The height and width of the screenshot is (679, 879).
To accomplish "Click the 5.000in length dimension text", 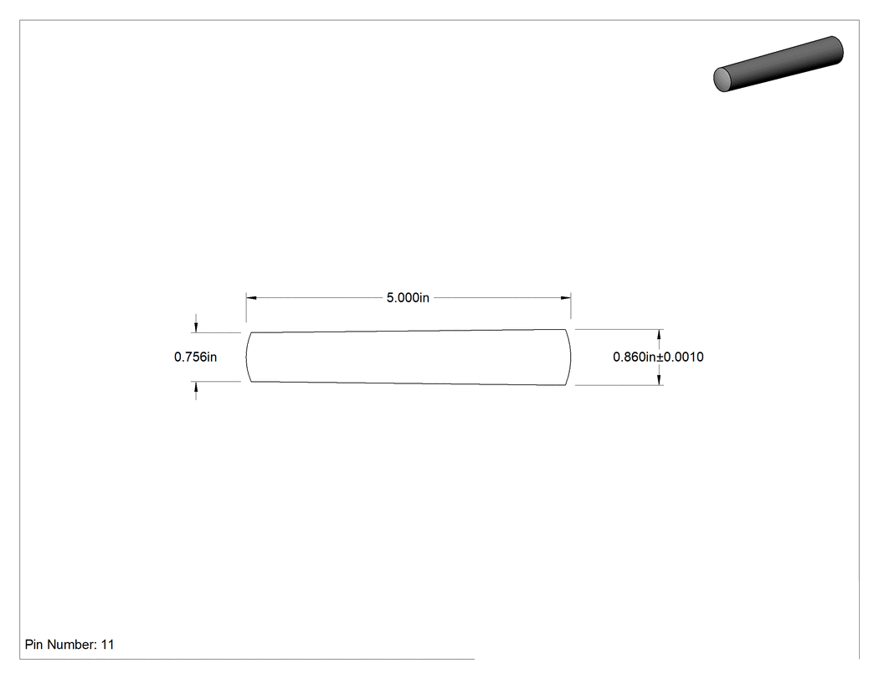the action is click(408, 298).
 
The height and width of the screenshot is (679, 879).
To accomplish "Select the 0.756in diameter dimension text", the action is click(195, 357).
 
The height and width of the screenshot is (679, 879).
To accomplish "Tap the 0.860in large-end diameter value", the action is click(634, 357).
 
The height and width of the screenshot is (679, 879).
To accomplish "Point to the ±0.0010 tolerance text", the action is click(680, 357).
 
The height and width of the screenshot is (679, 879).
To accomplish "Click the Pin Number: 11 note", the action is click(69, 644).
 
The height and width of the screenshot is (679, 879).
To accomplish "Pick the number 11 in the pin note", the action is click(108, 644).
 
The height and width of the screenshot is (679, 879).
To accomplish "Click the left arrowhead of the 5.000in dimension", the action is click(251, 298).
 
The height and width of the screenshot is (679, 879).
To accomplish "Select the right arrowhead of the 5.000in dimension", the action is click(566, 298).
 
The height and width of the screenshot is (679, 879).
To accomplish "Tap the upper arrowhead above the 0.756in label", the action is click(196, 327).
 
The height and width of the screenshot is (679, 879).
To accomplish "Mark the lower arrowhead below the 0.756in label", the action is click(196, 387).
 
